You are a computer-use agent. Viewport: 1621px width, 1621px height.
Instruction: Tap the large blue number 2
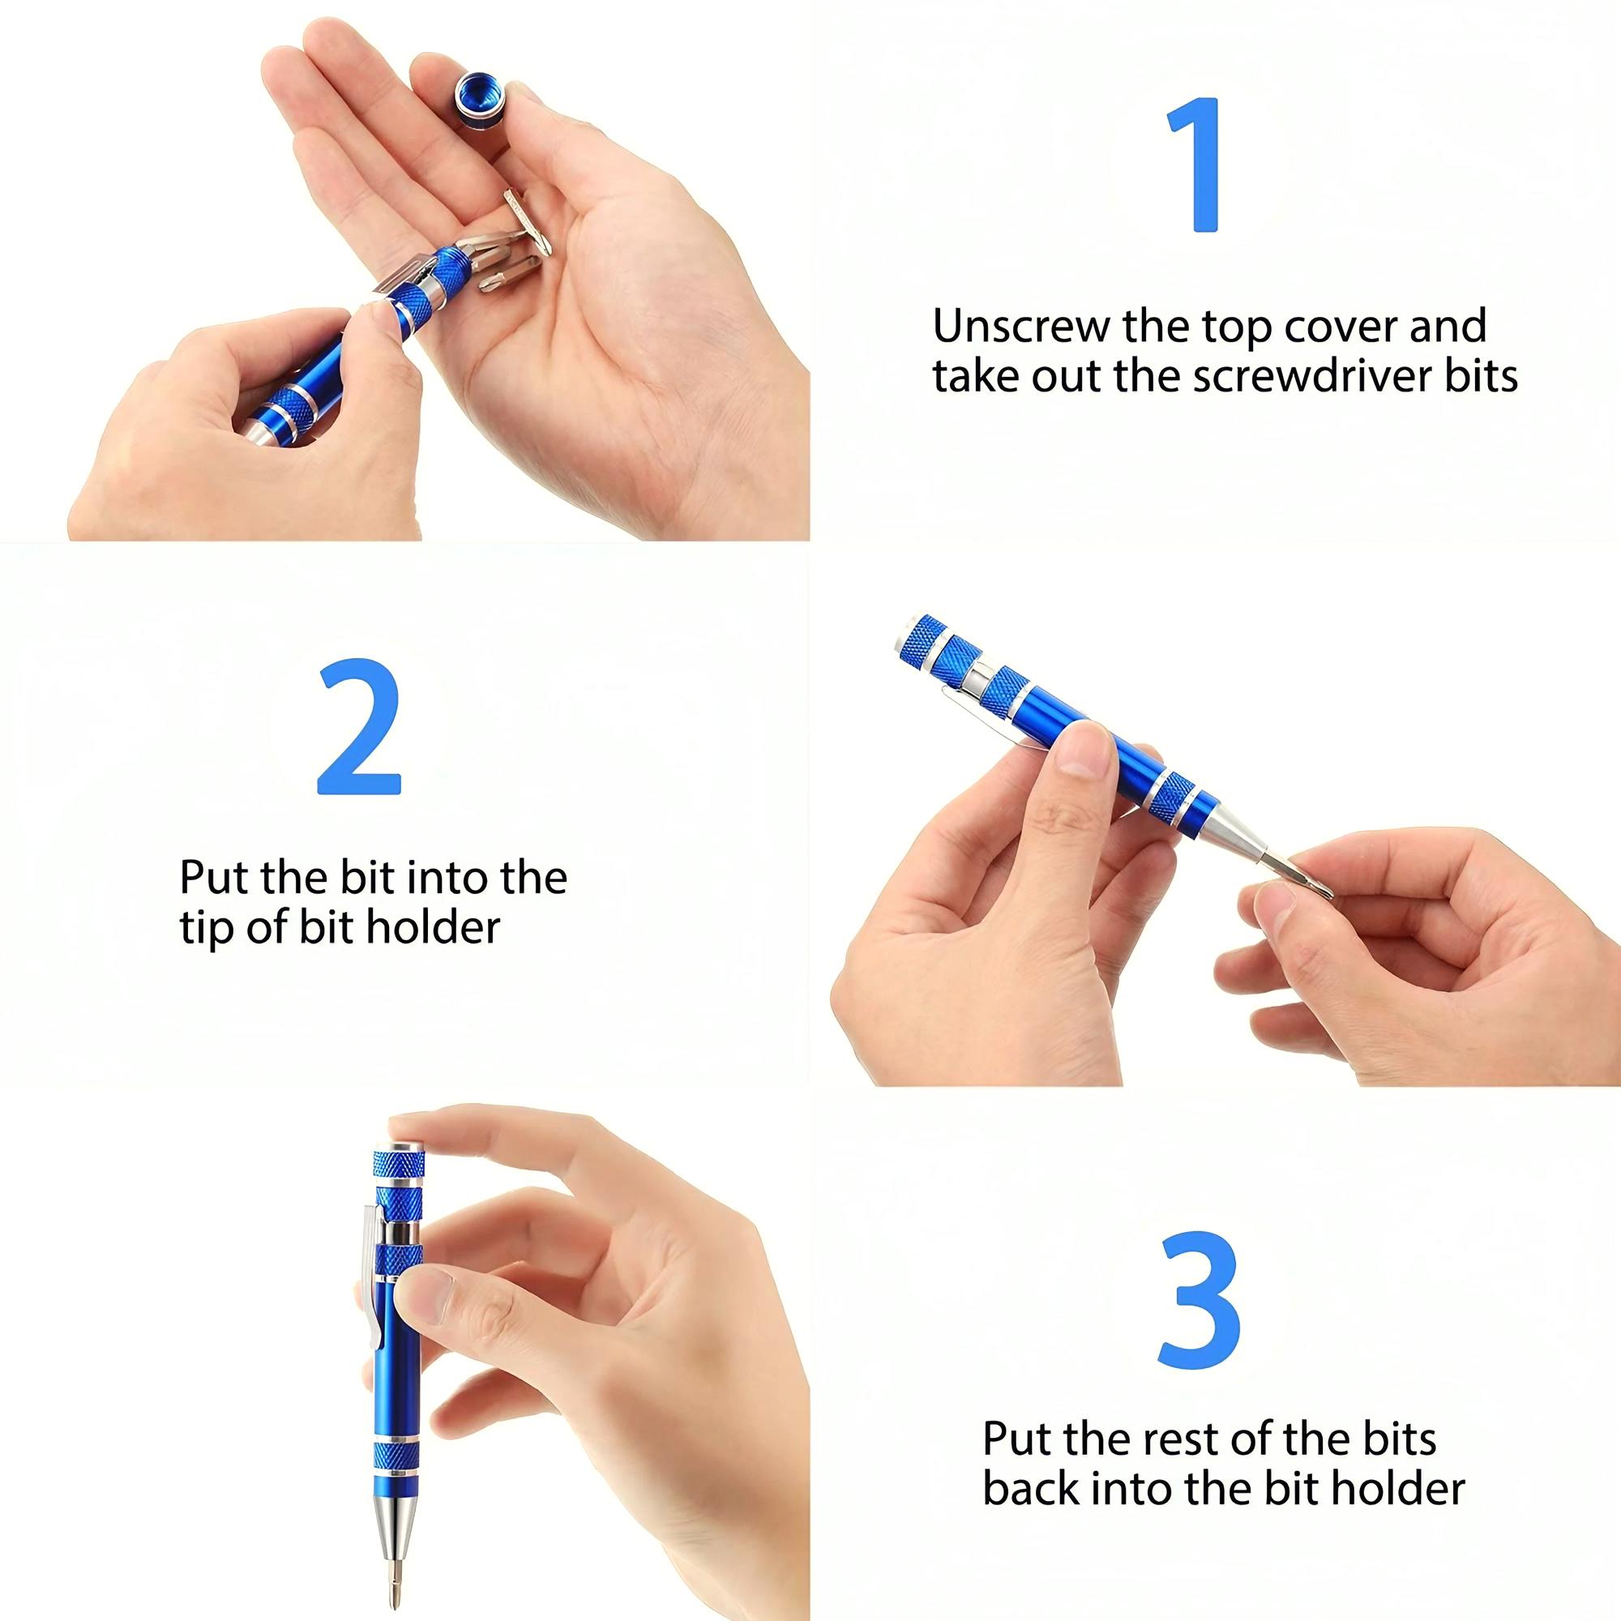359,729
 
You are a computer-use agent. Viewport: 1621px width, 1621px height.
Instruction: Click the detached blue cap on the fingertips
479,101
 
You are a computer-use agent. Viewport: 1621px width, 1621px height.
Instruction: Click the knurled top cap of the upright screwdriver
399,1167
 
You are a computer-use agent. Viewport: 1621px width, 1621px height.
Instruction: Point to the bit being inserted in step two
1300,872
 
